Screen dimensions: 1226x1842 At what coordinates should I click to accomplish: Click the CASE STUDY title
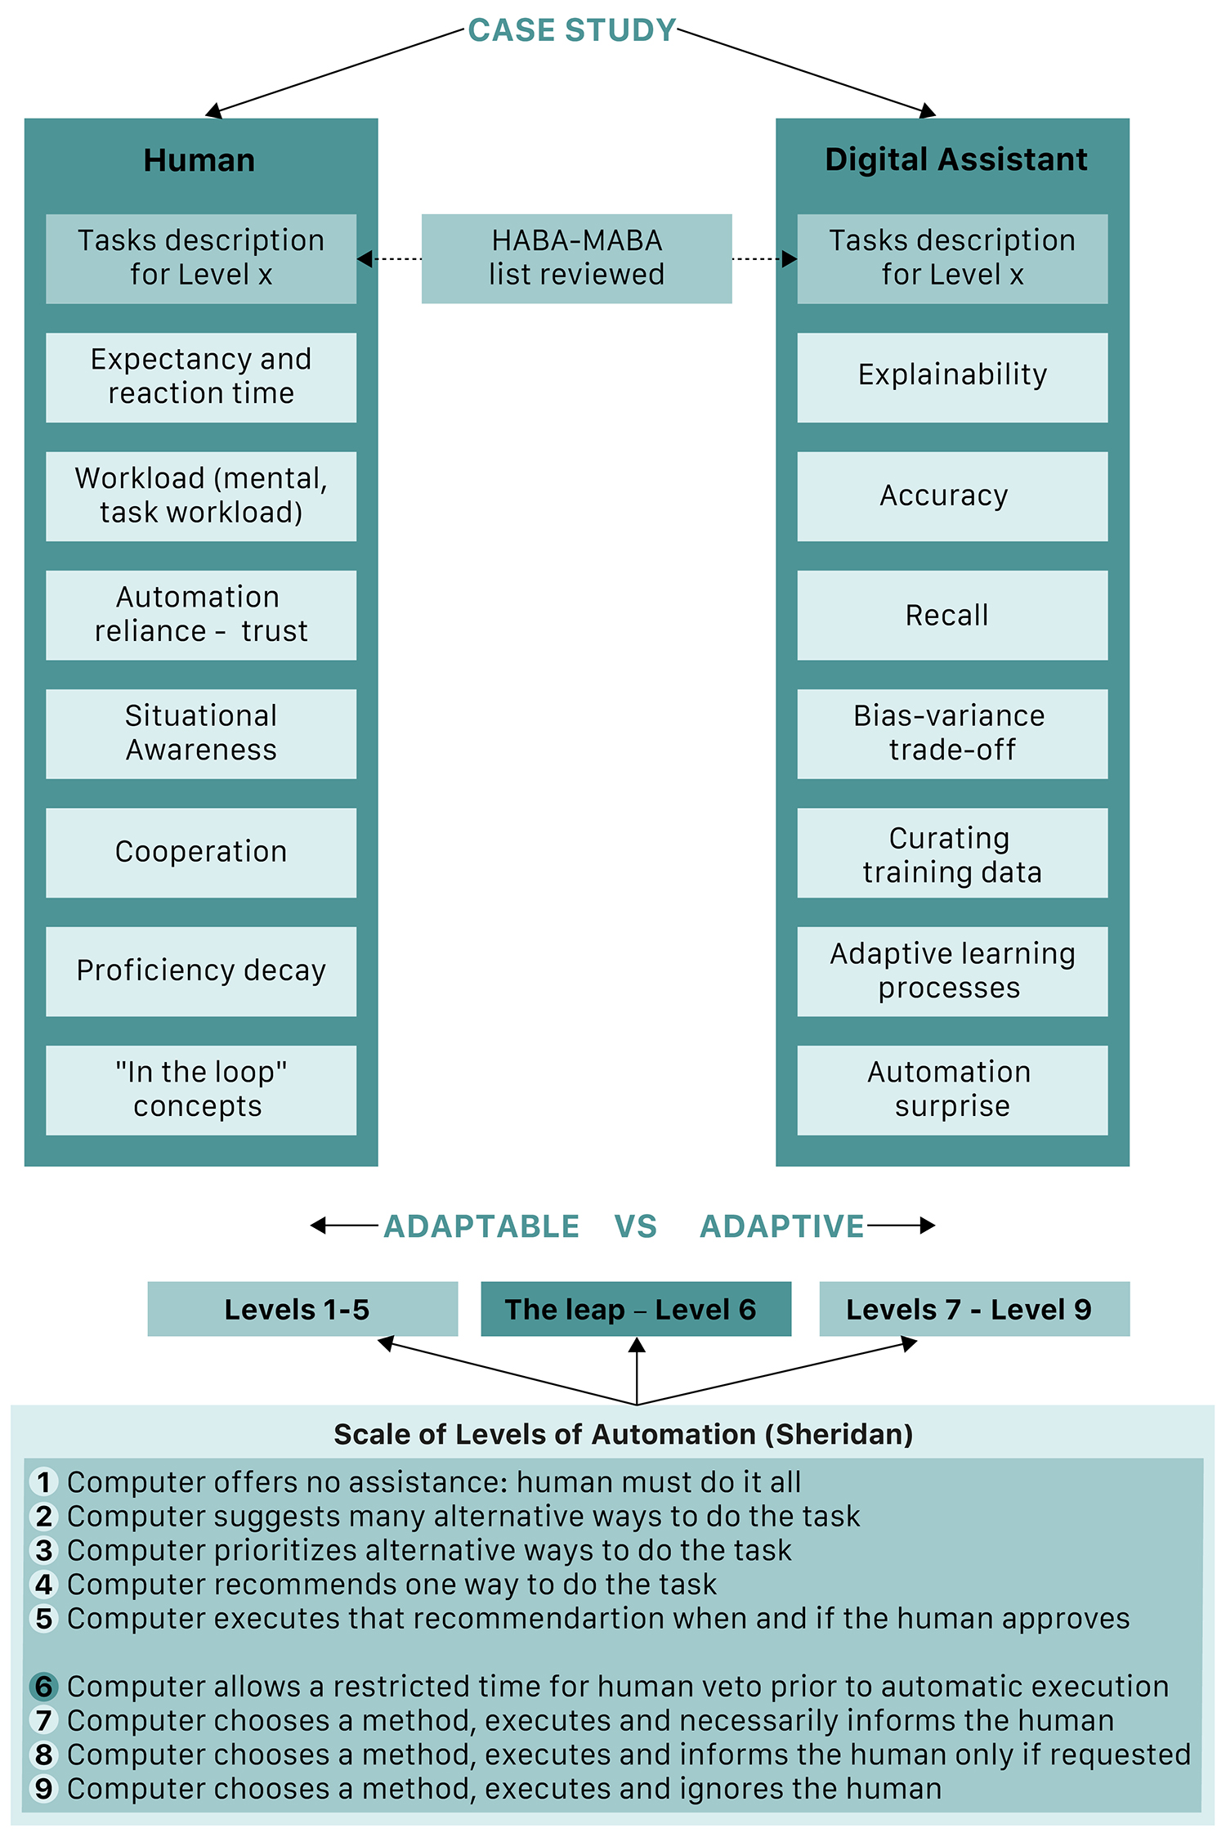coord(572,30)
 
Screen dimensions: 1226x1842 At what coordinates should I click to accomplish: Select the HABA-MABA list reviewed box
coord(576,258)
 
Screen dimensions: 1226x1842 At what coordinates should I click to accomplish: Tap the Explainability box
coord(952,377)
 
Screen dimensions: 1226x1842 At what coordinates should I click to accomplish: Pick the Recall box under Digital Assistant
coord(952,615)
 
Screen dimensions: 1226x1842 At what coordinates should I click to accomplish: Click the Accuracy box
coord(952,496)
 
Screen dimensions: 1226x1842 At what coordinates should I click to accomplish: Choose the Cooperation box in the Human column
coord(201,853)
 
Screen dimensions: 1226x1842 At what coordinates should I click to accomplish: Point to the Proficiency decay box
coord(201,971)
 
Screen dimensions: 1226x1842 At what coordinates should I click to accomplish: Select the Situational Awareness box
coord(201,733)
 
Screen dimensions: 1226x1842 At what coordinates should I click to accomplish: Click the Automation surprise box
coord(952,1090)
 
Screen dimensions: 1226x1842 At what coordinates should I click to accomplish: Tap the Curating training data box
coord(952,853)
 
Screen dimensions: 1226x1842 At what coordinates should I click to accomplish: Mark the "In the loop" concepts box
coord(201,1090)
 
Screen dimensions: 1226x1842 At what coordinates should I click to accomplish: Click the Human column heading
coord(199,160)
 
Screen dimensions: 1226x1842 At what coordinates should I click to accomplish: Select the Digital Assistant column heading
coord(956,160)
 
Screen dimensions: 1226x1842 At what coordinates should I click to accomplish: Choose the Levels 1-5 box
coord(302,1309)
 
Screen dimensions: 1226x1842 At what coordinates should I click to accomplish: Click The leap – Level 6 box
coord(636,1309)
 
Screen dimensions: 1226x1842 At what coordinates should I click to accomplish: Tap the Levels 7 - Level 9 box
coord(974,1309)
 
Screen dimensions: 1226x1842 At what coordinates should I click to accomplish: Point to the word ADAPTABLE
coord(481,1226)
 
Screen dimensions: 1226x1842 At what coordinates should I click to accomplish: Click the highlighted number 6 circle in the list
coord(44,1686)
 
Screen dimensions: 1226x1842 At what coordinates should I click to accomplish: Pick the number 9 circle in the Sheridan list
coord(44,1788)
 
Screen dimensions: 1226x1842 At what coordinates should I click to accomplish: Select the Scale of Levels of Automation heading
coord(623,1434)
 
